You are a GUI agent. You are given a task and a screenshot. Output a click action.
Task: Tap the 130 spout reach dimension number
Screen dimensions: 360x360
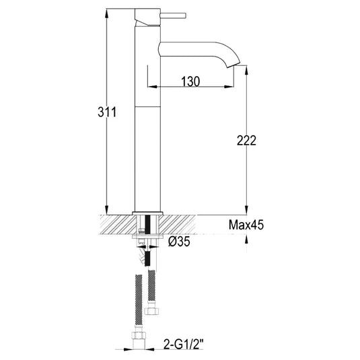click(190, 81)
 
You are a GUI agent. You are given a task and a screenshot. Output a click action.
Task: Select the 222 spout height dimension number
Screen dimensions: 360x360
click(247, 141)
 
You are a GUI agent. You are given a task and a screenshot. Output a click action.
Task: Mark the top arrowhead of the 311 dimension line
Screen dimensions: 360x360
click(106, 12)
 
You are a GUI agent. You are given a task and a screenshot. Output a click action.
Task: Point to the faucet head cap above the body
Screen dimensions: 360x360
click(147, 15)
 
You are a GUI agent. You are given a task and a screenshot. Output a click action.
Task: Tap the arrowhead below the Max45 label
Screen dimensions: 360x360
click(247, 236)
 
